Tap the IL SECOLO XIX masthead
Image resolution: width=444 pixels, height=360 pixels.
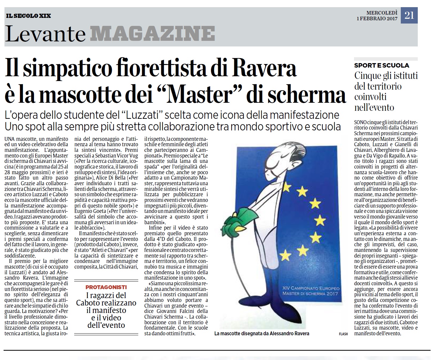tap(28, 15)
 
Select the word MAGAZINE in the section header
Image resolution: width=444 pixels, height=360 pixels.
tap(153, 34)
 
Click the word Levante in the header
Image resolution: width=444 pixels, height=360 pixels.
tap(45, 34)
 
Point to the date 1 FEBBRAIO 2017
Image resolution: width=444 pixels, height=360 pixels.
tap(377, 19)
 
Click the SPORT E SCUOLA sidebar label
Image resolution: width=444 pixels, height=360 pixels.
tap(381, 66)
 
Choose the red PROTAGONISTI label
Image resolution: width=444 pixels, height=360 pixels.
tap(106, 287)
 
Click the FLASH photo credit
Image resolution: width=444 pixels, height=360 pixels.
tap(343, 334)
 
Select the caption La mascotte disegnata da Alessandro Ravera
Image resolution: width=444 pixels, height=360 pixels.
tap(262, 333)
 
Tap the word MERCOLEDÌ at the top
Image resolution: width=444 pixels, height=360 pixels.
tap(382, 13)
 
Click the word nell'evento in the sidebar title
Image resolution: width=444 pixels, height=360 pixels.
tap(374, 107)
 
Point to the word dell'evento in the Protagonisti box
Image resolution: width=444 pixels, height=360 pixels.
tap(106, 325)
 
